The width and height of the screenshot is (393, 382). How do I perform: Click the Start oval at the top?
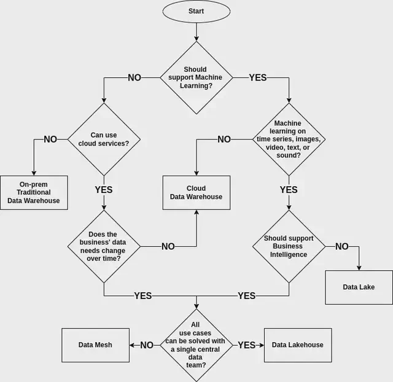pyautogui.click(x=196, y=11)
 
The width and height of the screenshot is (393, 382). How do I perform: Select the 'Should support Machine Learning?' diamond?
pyautogui.click(x=196, y=78)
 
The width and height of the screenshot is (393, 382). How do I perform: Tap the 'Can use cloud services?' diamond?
pyautogui.click(x=104, y=139)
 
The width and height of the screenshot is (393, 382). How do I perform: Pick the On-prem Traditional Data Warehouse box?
pyautogui.click(x=34, y=192)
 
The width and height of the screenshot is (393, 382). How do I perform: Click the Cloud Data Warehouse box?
pyautogui.click(x=196, y=192)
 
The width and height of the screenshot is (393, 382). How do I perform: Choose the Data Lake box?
pyautogui.click(x=359, y=287)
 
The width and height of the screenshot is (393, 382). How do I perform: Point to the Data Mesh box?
pyautogui.click(x=95, y=345)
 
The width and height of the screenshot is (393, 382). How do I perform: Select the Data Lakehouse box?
pyautogui.click(x=297, y=345)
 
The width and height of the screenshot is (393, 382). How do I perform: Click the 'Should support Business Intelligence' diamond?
pyautogui.click(x=289, y=247)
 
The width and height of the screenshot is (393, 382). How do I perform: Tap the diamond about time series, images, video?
pyautogui.click(x=289, y=139)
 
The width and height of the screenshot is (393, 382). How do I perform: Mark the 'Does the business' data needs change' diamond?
pyautogui.click(x=104, y=247)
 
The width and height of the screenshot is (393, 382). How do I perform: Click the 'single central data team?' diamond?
pyautogui.click(x=196, y=345)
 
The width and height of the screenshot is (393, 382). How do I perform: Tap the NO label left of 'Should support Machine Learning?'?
pyautogui.click(x=134, y=78)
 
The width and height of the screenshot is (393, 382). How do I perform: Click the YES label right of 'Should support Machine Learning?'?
pyautogui.click(x=258, y=78)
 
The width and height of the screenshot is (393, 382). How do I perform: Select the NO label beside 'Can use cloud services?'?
pyautogui.click(x=50, y=139)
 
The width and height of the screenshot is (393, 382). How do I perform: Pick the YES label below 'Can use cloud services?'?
pyautogui.click(x=104, y=190)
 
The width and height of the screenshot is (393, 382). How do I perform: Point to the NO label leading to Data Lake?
pyautogui.click(x=341, y=247)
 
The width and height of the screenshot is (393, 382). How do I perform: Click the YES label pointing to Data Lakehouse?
pyautogui.click(x=247, y=345)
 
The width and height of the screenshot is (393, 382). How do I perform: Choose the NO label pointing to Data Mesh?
pyautogui.click(x=147, y=345)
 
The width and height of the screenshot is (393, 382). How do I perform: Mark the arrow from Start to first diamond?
pyautogui.click(x=196, y=31)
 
